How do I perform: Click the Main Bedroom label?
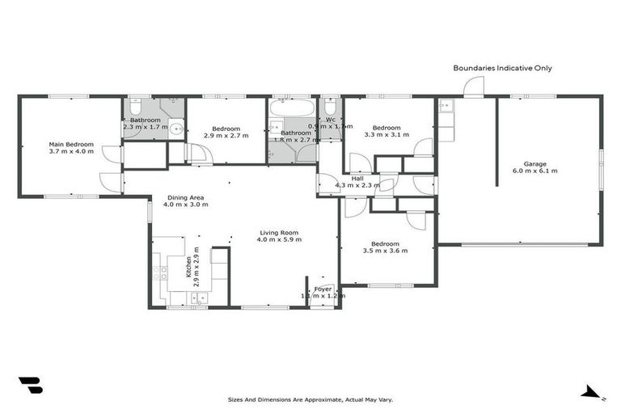click(x=71, y=145)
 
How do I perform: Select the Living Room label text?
click(x=279, y=231)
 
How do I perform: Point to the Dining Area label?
click(x=185, y=197)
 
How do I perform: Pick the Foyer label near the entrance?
click(x=323, y=289)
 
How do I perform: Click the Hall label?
click(x=357, y=179)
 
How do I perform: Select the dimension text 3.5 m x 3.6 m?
click(x=385, y=251)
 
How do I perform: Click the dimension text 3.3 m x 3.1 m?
click(x=386, y=135)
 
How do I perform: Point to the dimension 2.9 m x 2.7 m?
click(x=226, y=136)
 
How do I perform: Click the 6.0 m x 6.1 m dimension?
click(x=534, y=171)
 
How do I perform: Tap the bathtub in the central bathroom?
click(x=291, y=108)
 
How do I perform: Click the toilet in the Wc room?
click(x=330, y=106)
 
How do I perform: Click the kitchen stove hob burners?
click(x=160, y=272)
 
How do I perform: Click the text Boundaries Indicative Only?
click(x=502, y=69)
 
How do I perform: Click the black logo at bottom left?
click(x=30, y=386)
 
